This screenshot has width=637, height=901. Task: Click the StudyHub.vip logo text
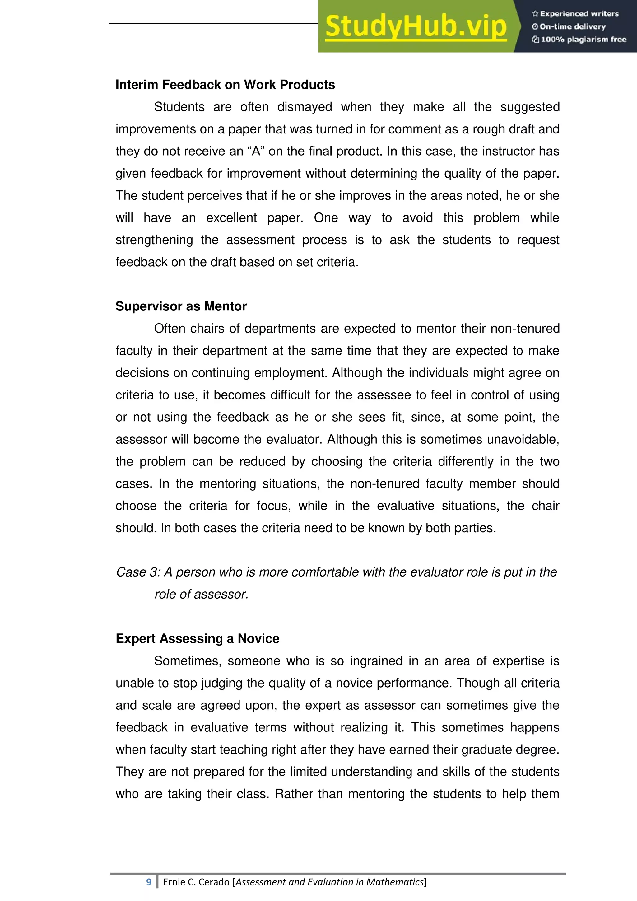[x=416, y=26]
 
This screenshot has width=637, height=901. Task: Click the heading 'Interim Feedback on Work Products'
[x=225, y=85]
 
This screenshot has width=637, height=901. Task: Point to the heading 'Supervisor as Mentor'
[x=181, y=306]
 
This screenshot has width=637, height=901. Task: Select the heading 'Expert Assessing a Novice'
[x=197, y=638]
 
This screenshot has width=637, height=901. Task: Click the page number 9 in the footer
[x=149, y=882]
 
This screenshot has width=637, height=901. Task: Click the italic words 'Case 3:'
[x=138, y=572]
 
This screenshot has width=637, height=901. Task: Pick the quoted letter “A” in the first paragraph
[x=256, y=152]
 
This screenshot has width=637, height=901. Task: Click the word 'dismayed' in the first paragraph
[x=305, y=107]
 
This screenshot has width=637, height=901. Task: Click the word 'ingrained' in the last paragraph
[x=376, y=661]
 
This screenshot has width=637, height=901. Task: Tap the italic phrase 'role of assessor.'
[x=201, y=594]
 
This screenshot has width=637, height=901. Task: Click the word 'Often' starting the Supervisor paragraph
[x=170, y=329]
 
